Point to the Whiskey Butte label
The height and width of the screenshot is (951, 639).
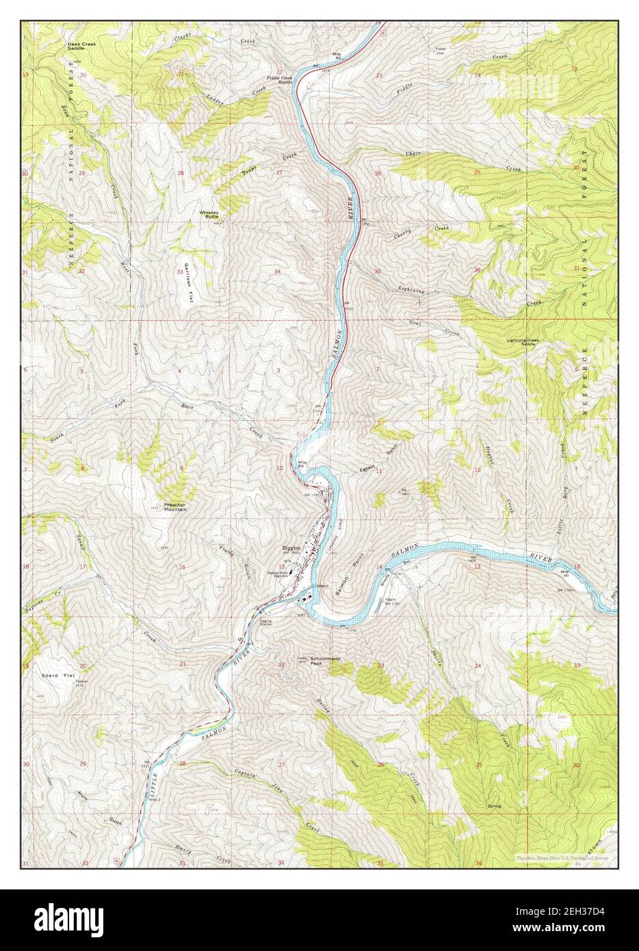click(209, 214)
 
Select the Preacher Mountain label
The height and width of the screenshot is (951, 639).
click(176, 508)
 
